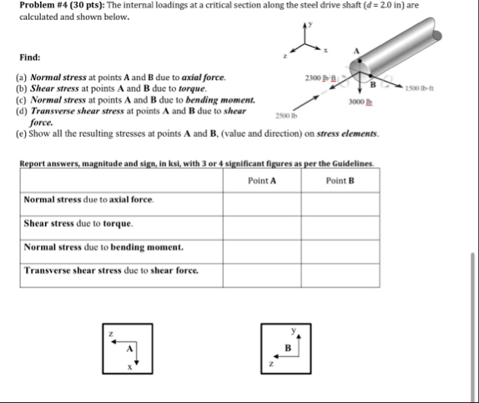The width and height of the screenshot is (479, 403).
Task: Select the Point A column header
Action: click(x=262, y=180)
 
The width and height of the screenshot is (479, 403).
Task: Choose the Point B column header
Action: click(x=340, y=180)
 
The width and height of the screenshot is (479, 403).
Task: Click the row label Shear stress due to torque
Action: click(x=78, y=224)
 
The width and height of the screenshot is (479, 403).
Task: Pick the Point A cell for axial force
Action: click(x=262, y=201)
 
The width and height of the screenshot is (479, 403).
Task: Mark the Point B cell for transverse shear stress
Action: click(x=340, y=271)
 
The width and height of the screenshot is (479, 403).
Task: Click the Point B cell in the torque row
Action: click(x=340, y=224)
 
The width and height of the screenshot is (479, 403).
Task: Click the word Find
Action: click(x=30, y=58)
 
